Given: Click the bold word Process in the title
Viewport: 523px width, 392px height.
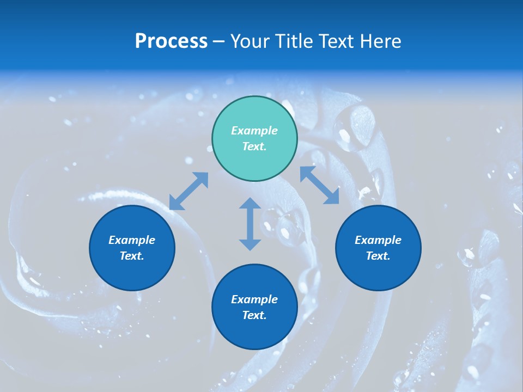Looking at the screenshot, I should [171, 41].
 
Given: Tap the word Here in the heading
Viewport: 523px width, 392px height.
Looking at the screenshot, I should [379, 41].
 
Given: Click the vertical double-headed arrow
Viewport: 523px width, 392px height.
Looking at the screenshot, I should [250, 224].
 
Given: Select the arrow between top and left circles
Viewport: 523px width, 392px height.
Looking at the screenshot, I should [188, 191].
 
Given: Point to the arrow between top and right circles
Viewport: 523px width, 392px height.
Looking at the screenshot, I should [319, 185].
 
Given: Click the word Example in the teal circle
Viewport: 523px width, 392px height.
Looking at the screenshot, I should [254, 131].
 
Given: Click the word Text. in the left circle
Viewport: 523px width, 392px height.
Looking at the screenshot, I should [132, 256].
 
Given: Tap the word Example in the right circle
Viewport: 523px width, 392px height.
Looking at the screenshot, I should [378, 240].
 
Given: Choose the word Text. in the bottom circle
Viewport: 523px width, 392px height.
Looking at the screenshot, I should [254, 315].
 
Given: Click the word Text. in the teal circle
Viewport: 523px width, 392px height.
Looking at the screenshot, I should [254, 146].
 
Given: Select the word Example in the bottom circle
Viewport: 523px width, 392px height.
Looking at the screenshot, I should [254, 299].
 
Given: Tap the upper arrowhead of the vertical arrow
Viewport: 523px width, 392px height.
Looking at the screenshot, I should [250, 204].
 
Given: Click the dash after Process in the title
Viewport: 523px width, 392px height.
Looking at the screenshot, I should [219, 42].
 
